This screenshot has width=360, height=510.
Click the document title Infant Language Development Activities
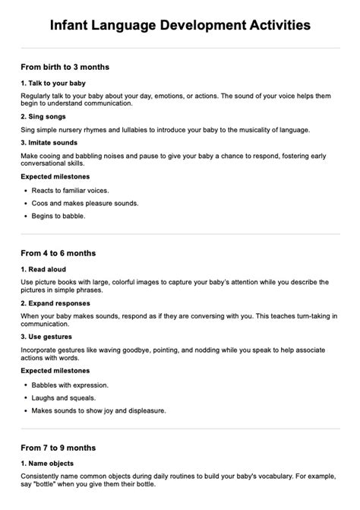(x=180, y=25)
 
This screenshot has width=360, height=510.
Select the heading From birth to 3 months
(x=65, y=67)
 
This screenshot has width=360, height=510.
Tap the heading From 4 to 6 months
(x=58, y=252)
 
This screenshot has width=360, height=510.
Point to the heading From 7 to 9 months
(x=58, y=447)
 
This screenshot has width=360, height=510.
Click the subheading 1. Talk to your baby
(x=53, y=83)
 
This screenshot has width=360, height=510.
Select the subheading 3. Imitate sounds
(x=50, y=141)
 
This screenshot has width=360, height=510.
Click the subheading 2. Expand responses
(x=58, y=303)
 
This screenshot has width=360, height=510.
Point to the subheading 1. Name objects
(x=48, y=463)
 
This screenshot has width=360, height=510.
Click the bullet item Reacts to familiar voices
(x=70, y=190)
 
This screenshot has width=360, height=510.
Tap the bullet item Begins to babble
(x=58, y=216)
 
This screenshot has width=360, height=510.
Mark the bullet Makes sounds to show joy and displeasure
(x=99, y=410)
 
